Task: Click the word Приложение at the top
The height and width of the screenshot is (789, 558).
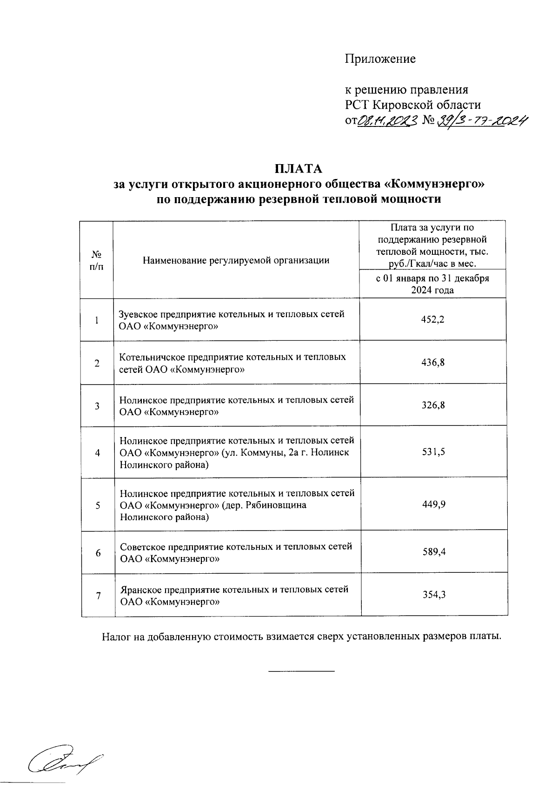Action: [x=380, y=59]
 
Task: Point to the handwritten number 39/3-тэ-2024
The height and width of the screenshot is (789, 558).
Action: [x=483, y=121]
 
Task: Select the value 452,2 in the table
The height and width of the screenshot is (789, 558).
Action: [x=433, y=319]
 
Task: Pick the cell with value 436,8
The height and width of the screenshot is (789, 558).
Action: [x=433, y=363]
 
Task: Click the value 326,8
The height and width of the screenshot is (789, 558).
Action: [x=433, y=405]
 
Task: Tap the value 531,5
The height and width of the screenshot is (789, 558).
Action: [x=433, y=451]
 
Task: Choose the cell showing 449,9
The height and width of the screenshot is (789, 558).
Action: [x=433, y=504]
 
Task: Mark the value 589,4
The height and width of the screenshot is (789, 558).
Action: [x=433, y=552]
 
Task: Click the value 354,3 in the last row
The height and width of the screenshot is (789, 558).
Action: [x=433, y=595]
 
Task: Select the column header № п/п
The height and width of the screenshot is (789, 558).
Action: [x=97, y=260]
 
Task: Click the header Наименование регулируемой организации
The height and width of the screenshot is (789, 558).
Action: [x=236, y=260]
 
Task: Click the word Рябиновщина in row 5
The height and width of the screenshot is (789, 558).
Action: [x=276, y=505]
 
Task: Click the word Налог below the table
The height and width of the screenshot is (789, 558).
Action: [x=117, y=636]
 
